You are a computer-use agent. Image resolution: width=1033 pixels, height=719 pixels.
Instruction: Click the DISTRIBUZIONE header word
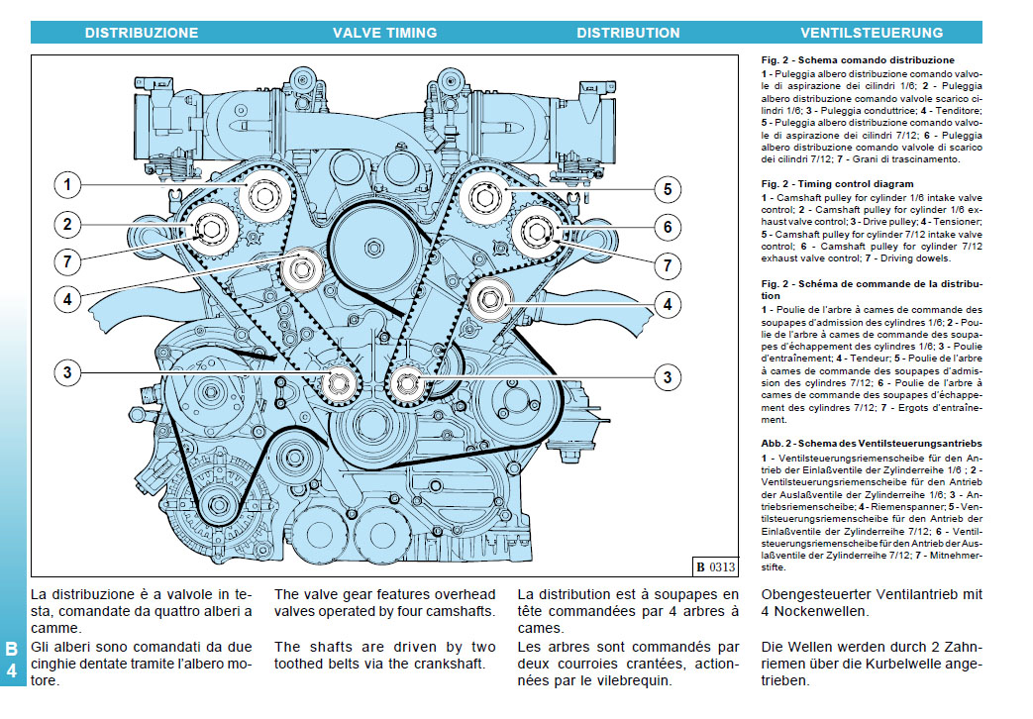tap(141, 33)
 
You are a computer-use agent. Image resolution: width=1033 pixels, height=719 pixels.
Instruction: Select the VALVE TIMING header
tap(384, 33)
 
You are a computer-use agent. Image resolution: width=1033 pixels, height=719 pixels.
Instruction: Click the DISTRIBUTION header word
tap(628, 33)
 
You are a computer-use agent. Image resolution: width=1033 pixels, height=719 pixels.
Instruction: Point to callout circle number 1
tap(67, 185)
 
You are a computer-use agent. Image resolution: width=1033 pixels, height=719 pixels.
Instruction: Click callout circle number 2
tap(67, 225)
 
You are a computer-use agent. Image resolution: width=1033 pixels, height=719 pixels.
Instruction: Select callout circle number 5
tap(668, 189)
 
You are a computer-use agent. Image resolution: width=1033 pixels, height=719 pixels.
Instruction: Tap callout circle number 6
tap(668, 227)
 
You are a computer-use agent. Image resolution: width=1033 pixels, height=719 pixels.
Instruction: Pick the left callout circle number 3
tap(67, 372)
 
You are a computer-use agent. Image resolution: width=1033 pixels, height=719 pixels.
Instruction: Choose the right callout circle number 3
tap(668, 376)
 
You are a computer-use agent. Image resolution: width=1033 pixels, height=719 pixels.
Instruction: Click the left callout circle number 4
tap(67, 296)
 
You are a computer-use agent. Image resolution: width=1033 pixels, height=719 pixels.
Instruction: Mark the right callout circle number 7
tap(668, 265)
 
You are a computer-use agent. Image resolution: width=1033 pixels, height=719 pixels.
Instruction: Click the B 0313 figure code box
tap(715, 567)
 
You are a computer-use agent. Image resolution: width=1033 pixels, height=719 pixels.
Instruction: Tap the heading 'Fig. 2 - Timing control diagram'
tap(837, 184)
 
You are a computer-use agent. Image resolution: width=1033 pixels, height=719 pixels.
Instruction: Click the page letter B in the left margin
tap(12, 650)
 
